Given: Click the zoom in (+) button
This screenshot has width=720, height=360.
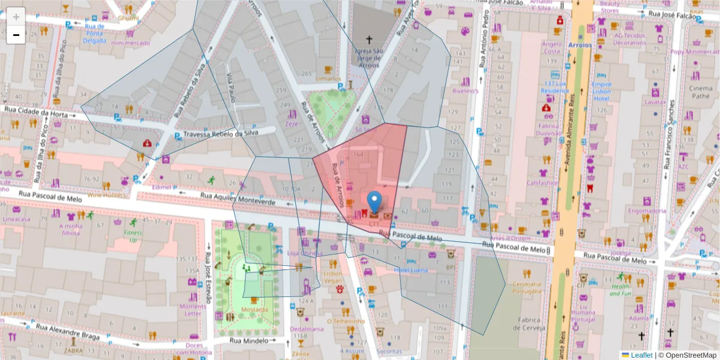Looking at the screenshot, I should coord(16,17).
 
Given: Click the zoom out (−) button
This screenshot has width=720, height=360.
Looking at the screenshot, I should coord(16,35).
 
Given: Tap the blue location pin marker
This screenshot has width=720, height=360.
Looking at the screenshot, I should coord(374,203).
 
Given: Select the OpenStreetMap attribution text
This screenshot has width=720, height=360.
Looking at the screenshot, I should coord(687,355).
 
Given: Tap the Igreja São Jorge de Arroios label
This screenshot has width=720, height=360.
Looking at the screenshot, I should coord(369,58).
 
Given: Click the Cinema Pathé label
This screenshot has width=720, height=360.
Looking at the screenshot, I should coord(701,92).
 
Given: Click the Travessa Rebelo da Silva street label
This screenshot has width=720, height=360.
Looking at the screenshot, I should coord(220,134).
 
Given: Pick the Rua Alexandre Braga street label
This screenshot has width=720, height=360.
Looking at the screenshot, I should coord(67,331).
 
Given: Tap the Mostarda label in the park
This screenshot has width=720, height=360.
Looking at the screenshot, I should coord(254,310).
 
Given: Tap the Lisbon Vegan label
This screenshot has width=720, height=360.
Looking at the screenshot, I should coord(333,277).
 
